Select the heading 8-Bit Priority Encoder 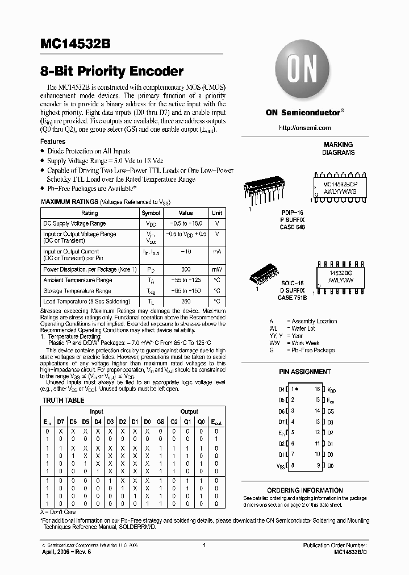(112, 72)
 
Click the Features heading (53, 141)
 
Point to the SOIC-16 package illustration (266, 276)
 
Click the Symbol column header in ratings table (151, 213)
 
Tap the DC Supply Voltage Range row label (74, 223)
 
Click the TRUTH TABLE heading (64, 401)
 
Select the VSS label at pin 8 (281, 465)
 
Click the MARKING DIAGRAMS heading (338, 148)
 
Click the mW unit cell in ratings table (217, 269)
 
